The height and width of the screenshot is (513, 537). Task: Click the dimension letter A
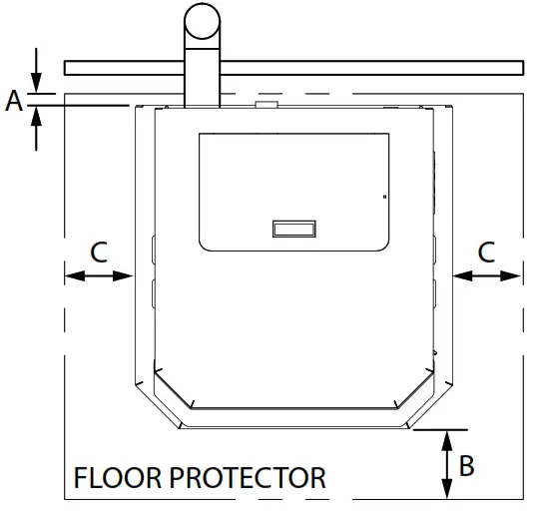point(14,101)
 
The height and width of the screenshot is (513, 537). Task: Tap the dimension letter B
point(466,465)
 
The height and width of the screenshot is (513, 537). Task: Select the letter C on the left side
point(99,253)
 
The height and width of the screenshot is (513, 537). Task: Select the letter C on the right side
point(486,253)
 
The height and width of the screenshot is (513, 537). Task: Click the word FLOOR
point(118,478)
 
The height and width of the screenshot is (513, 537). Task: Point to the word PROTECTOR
point(248,478)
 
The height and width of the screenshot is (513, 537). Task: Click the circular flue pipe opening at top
point(202,21)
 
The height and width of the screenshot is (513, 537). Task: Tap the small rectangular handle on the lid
point(294,229)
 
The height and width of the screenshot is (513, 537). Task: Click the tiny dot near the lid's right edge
point(384,197)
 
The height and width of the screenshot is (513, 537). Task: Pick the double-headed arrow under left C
point(99,275)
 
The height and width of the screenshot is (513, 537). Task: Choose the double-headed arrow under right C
point(487,275)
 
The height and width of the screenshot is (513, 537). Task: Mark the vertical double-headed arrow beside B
point(446,464)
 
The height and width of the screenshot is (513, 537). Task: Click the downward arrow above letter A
point(36,71)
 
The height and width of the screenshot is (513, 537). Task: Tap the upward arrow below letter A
point(36,129)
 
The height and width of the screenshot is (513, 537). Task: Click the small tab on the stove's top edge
point(267,104)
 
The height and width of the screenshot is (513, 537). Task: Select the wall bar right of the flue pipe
point(372,68)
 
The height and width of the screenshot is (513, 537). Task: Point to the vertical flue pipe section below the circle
point(202,78)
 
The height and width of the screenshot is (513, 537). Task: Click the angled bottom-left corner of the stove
point(158,406)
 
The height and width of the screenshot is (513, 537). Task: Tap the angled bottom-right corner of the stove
point(430,406)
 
